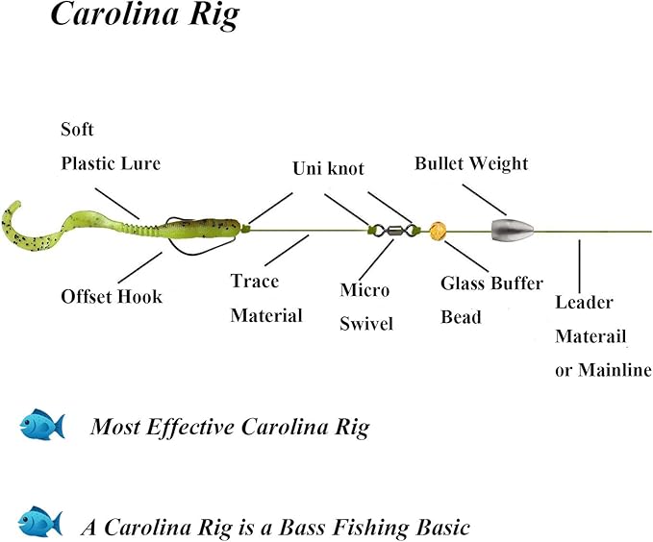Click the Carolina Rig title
click(143, 16)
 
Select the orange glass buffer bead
click(440, 231)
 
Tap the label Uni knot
click(328, 168)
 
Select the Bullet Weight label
click(471, 163)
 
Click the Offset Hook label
click(112, 296)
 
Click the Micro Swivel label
click(366, 307)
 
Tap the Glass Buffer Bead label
click(490, 300)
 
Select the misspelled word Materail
click(590, 336)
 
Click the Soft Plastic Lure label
click(110, 146)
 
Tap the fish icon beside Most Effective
click(42, 424)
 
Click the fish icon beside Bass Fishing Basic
click(40, 522)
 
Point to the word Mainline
click(615, 370)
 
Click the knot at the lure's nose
click(244, 228)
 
